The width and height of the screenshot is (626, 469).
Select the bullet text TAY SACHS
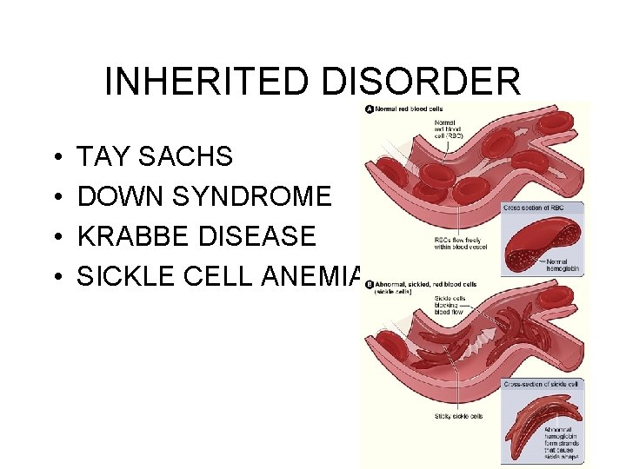(155, 156)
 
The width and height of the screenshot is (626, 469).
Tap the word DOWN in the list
(117, 196)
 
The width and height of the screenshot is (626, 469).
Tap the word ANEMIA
(326, 276)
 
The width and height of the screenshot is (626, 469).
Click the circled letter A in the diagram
(370, 109)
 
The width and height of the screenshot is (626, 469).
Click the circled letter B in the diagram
(370, 284)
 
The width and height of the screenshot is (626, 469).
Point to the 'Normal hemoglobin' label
(563, 264)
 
